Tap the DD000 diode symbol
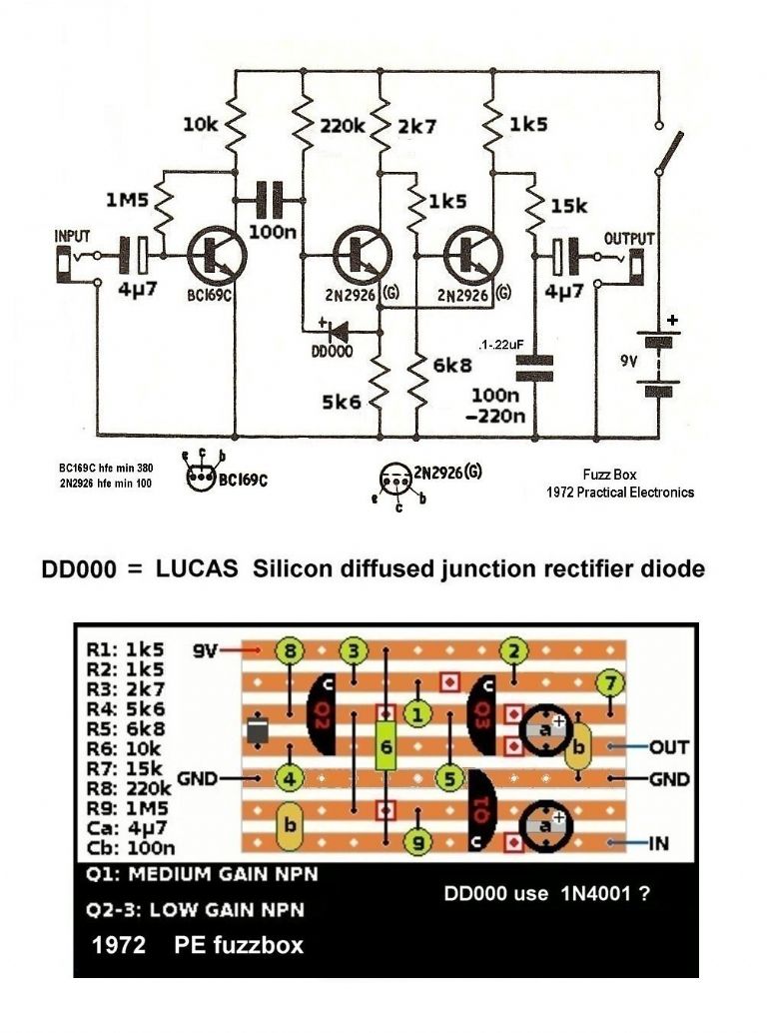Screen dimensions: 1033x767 tap(335, 332)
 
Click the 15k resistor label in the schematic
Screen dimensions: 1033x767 tap(570, 206)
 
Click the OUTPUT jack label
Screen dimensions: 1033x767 tap(629, 239)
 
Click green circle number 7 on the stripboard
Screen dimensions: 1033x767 tap(606, 683)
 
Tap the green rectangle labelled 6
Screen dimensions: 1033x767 tap(385, 744)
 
